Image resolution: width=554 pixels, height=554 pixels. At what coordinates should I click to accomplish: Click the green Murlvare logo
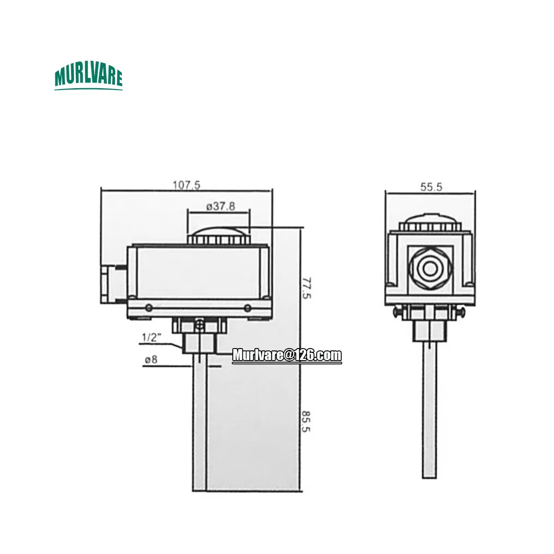pos(88,78)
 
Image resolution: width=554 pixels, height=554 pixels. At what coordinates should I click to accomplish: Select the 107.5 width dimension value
pos(187,185)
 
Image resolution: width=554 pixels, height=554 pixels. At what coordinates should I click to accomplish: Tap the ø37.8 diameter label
pos(218,206)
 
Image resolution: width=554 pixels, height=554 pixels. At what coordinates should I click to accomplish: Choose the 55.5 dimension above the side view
pos(431,187)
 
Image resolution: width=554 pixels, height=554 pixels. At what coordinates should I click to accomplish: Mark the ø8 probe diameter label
pos(151,359)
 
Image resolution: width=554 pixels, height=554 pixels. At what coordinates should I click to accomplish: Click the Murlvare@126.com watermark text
pos(287,355)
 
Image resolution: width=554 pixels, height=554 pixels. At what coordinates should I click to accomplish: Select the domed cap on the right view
pos(430,223)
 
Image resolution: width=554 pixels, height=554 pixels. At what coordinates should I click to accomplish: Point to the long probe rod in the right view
pos(429,411)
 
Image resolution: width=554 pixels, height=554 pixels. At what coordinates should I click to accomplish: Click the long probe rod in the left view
pos(199,425)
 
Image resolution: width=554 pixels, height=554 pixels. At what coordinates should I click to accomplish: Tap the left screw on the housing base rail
pos(148,308)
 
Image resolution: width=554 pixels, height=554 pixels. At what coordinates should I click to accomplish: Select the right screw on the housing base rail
pos(248,308)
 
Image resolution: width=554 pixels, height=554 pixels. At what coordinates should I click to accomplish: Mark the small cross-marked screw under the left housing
pos(199,325)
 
